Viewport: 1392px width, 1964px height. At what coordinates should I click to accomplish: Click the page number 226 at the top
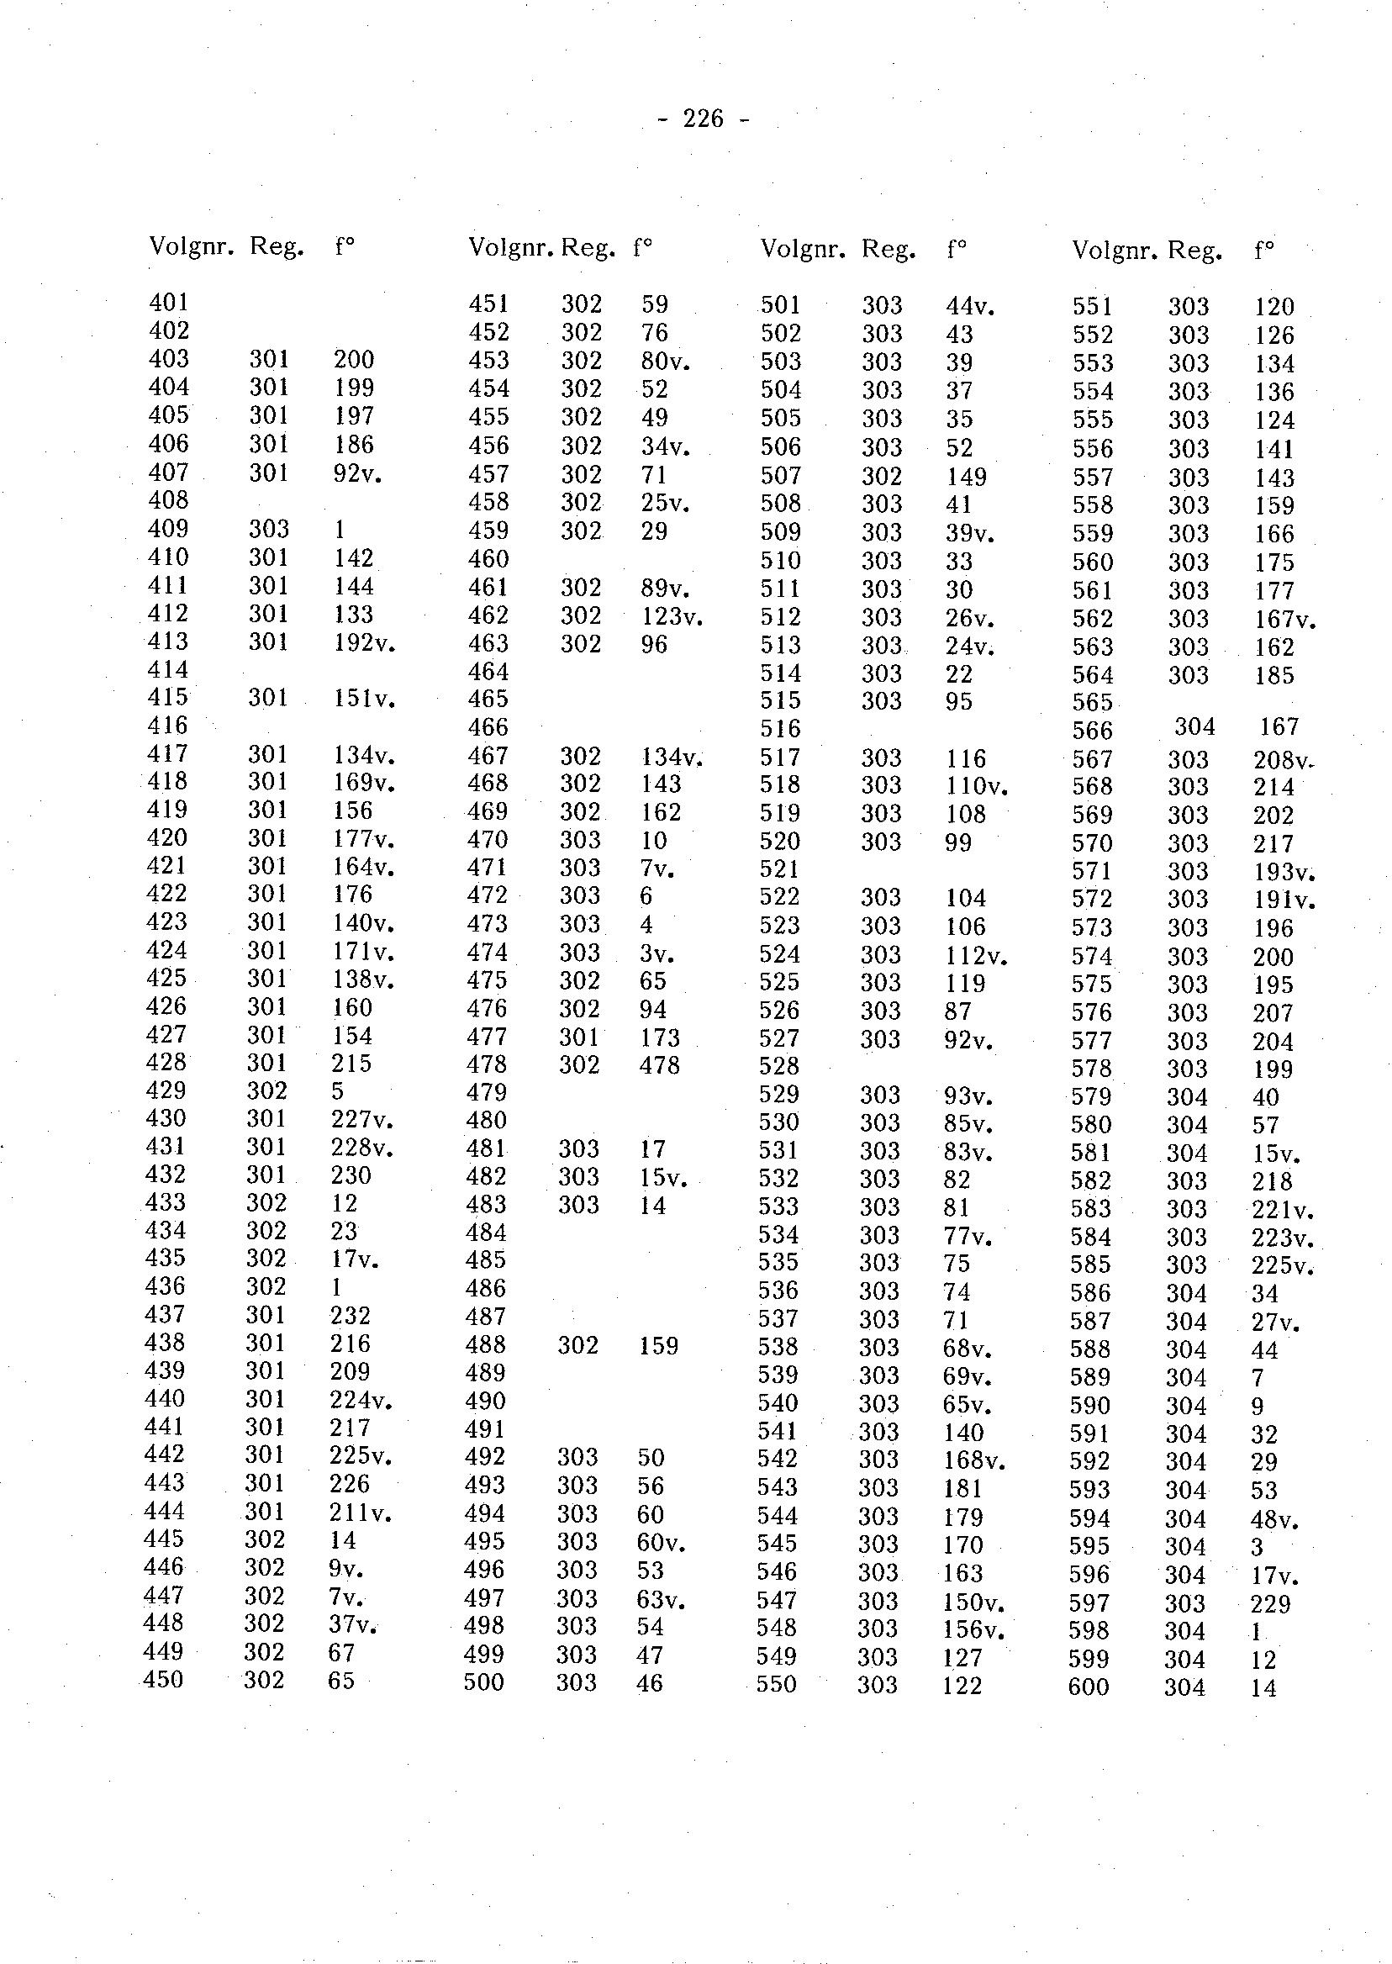[x=704, y=119]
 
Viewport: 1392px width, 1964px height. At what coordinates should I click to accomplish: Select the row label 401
[x=169, y=302]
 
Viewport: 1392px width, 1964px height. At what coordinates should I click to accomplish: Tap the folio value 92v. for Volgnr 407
[x=357, y=473]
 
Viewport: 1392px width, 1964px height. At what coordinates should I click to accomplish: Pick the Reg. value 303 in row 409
[x=269, y=528]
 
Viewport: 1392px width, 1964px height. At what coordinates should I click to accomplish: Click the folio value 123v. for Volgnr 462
[x=672, y=615]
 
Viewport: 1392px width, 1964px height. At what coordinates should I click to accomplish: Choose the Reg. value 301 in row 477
[x=579, y=1037]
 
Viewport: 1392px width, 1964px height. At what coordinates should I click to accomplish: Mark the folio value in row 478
[x=659, y=1064]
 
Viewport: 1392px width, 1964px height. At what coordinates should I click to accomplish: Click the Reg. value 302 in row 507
[x=882, y=476]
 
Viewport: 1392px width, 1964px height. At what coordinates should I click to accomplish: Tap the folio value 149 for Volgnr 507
[x=966, y=477]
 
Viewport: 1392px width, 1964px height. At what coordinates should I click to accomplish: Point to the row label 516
[x=780, y=729]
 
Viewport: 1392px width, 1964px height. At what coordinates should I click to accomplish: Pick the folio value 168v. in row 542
[x=973, y=1459]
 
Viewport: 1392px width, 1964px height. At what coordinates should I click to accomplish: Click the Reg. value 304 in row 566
[x=1194, y=727]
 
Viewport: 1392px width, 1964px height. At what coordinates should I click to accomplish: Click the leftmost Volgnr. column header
[x=191, y=247]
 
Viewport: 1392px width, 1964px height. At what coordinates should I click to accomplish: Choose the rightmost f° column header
[x=1263, y=251]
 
